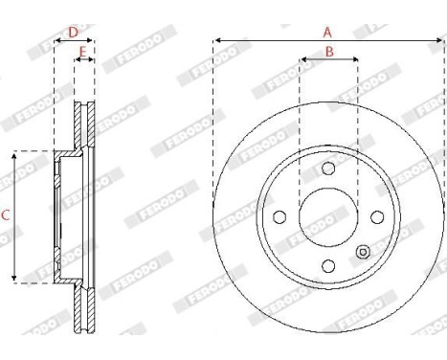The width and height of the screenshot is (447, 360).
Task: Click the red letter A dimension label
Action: pyautogui.click(x=327, y=31)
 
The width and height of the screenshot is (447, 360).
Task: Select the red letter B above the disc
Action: pyautogui.click(x=328, y=52)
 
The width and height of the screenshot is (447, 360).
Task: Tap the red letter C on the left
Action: pyautogui.click(x=5, y=216)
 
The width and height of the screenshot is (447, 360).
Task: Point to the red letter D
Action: pyautogui.click(x=73, y=32)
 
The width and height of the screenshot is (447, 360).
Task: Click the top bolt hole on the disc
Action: pyautogui.click(x=328, y=169)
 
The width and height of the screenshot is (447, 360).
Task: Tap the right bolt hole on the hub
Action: pyautogui.click(x=377, y=216)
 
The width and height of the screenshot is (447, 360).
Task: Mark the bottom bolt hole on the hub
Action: pyautogui.click(x=328, y=265)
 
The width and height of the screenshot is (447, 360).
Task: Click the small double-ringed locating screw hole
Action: pyautogui.click(x=363, y=252)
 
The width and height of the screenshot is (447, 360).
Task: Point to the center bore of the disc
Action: pyautogui.click(x=328, y=216)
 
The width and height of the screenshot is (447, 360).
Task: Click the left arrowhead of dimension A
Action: pyautogui.click(x=216, y=40)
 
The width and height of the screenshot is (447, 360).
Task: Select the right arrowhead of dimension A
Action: pyautogui.click(x=442, y=40)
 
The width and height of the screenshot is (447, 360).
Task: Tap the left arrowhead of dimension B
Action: pyautogui.click(x=302, y=60)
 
